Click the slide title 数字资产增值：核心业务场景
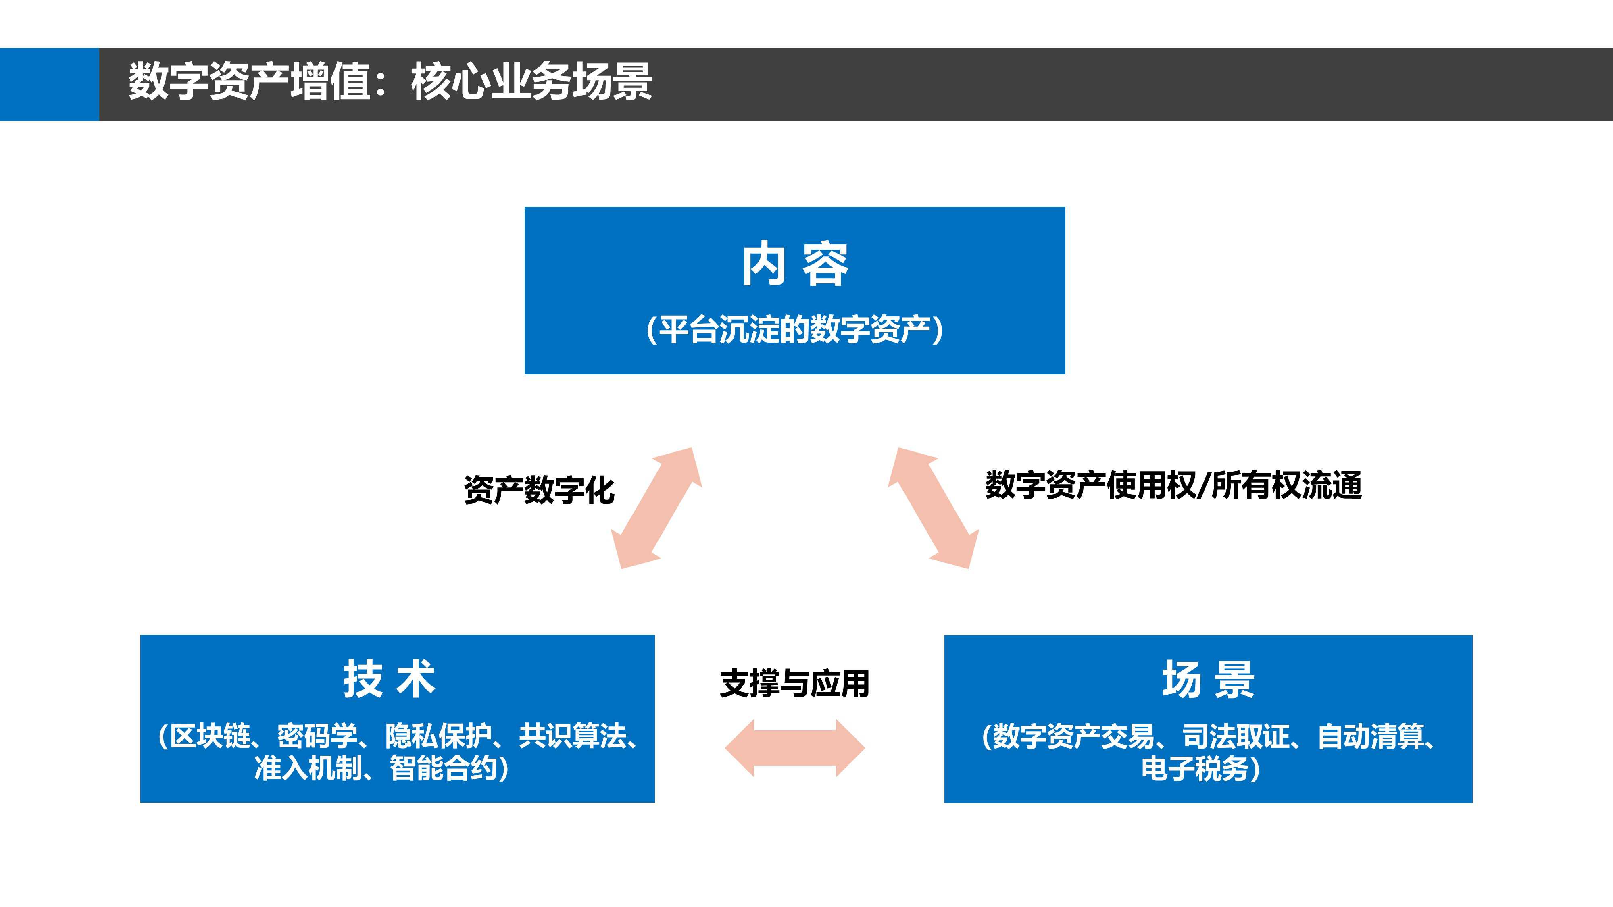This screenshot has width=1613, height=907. tap(390, 81)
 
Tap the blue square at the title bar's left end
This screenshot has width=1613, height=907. tap(50, 84)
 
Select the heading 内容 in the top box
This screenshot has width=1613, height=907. tap(794, 264)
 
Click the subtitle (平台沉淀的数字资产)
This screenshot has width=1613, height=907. tap(794, 330)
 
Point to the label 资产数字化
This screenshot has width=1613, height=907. tap(539, 490)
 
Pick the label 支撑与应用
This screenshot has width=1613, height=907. tap(794, 683)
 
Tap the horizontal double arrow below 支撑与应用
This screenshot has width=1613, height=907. tap(794, 748)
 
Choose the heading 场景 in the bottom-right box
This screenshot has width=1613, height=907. tap(1208, 679)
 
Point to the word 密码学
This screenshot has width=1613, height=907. tap(317, 736)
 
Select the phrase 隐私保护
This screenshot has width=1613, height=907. tap(438, 736)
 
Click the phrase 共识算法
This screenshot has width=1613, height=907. tap(572, 736)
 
